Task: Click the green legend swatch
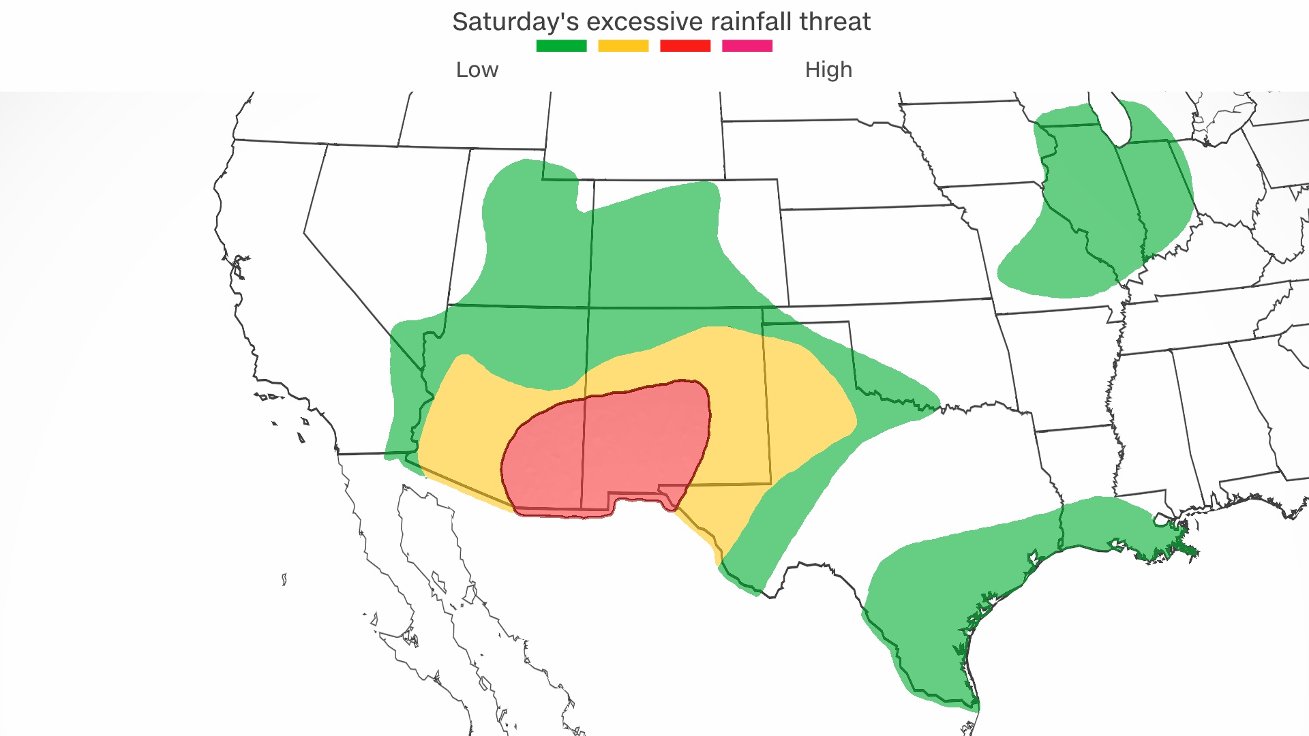pyautogui.click(x=561, y=46)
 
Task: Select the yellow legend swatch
pyautogui.click(x=623, y=46)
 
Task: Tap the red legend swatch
pyautogui.click(x=685, y=46)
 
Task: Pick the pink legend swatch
pyautogui.click(x=747, y=46)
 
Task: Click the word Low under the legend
pyautogui.click(x=477, y=70)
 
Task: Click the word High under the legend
pyautogui.click(x=828, y=70)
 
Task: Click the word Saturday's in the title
pyautogui.click(x=515, y=22)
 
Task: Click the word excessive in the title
pyautogui.click(x=644, y=22)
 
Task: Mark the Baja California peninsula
pyautogui.click(x=436, y=579)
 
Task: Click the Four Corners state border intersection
pyautogui.click(x=588, y=308)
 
